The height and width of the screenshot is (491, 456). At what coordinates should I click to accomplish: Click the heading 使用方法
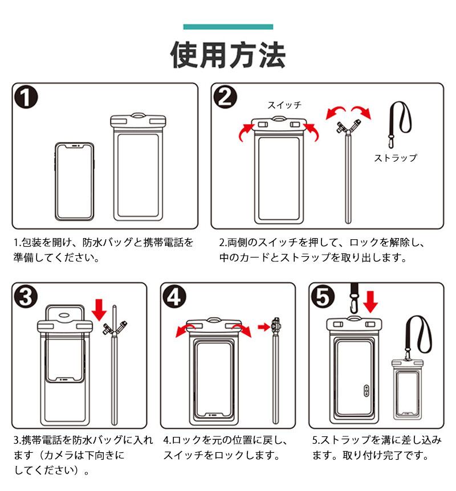pyautogui.click(x=228, y=55)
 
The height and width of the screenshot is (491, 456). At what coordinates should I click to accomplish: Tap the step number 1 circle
pyautogui.click(x=27, y=99)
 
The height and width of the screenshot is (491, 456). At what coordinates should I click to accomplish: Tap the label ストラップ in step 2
pyautogui.click(x=395, y=158)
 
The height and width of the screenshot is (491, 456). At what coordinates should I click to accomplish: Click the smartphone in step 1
pyautogui.click(x=75, y=180)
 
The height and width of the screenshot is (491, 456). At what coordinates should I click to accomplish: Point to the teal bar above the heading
pyautogui.click(x=228, y=27)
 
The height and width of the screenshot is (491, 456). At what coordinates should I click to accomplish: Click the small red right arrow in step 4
pyautogui.click(x=263, y=327)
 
